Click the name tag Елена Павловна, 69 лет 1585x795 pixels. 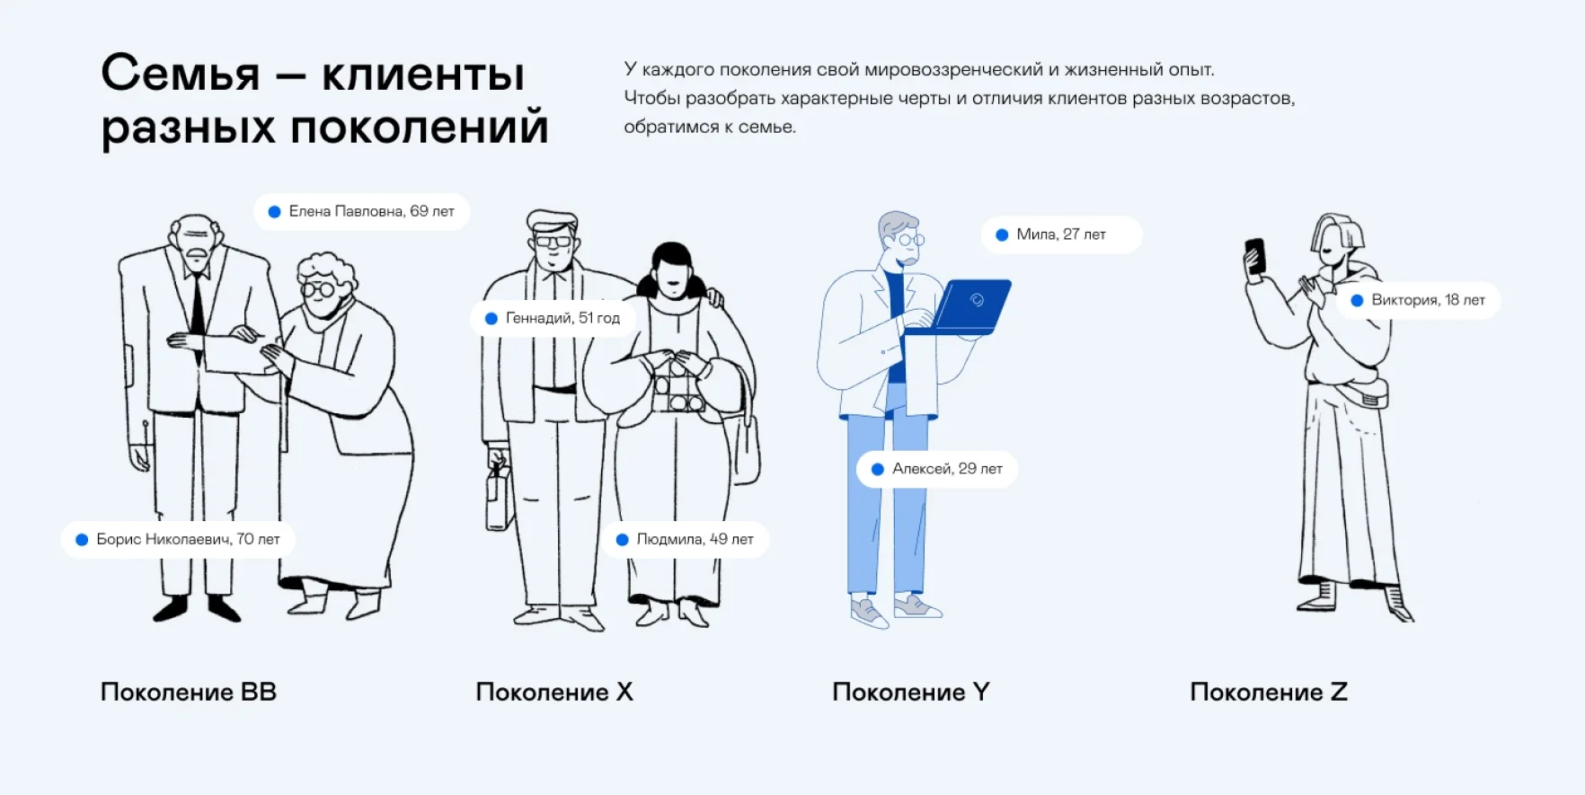[x=361, y=212]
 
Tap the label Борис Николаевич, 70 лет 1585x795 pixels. [x=178, y=540]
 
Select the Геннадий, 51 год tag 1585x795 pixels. [x=553, y=319]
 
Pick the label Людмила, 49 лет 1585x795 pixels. [x=685, y=540]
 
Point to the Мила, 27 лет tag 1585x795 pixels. [x=1060, y=234]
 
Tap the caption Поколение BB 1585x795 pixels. [x=189, y=692]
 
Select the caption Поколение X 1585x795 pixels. [x=554, y=692]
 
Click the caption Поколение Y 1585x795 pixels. [x=910, y=692]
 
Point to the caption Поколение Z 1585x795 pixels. [x=1268, y=692]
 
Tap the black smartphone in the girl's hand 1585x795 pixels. [x=1255, y=255]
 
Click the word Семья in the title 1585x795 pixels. [x=181, y=74]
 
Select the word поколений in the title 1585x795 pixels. [x=419, y=126]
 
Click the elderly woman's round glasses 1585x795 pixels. [x=318, y=289]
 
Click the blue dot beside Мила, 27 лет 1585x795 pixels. [x=1002, y=234]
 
